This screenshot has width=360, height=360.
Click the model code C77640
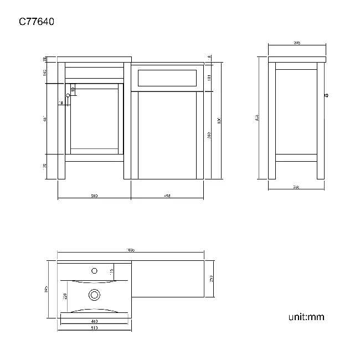(36, 22)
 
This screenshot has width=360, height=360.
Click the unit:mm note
(306, 317)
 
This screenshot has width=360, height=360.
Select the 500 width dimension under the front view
(94, 196)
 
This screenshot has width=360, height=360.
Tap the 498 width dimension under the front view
(167, 196)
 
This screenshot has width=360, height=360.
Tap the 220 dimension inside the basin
(66, 297)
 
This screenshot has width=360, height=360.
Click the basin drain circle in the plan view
(94, 295)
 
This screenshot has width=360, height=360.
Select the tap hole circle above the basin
(94, 271)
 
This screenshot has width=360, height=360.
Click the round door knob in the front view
(69, 96)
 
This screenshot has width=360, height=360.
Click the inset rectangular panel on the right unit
(167, 77)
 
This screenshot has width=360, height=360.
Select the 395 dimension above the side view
(297, 43)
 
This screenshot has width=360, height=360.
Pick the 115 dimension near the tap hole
(111, 270)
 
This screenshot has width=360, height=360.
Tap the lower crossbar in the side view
(296, 157)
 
